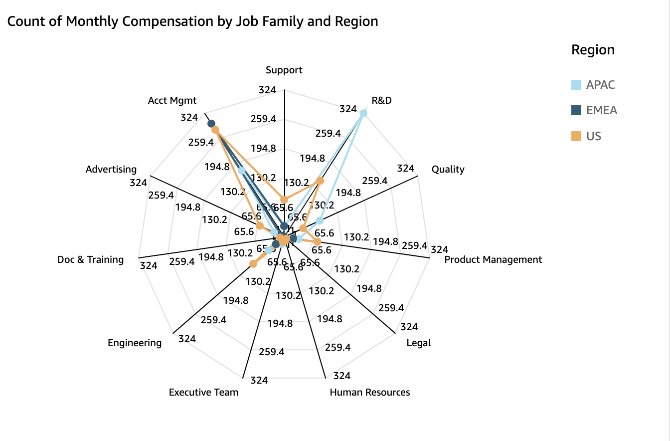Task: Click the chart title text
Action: tap(192, 21)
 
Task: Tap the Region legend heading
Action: tap(593, 50)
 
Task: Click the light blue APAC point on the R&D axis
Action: tap(363, 114)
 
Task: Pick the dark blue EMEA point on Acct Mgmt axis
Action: tap(211, 123)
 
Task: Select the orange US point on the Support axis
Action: tap(284, 200)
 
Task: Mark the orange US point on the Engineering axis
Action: tap(253, 263)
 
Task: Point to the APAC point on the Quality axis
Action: tap(320, 220)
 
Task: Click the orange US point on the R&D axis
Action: tap(321, 181)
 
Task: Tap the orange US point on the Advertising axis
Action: tap(260, 226)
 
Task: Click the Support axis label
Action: tap(284, 70)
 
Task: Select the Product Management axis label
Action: tap(493, 259)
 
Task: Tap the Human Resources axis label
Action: tap(370, 392)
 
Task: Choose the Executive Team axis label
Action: tap(203, 392)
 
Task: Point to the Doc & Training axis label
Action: tap(90, 259)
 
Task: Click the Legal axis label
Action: tap(418, 343)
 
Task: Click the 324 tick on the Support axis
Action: tap(267, 90)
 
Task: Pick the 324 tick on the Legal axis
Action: tap(409, 327)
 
